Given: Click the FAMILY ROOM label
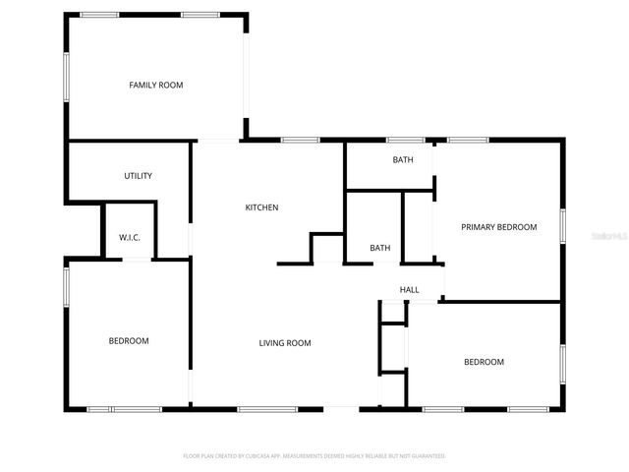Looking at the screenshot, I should click(156, 86).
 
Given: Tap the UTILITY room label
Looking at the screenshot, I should click(138, 176).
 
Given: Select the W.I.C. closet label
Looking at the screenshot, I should click(130, 238).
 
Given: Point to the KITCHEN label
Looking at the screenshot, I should click(262, 207).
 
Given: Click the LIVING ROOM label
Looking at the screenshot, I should click(285, 343).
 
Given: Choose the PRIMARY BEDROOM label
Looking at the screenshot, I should click(499, 227).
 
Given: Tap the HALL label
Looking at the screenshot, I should click(409, 290).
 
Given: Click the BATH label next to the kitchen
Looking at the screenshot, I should click(380, 248).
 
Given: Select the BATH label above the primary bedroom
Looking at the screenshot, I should click(403, 159).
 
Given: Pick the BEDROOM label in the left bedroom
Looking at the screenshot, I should click(129, 341).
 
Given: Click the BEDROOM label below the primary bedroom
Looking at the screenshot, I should click(484, 362).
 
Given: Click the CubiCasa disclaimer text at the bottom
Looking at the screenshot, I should click(314, 456).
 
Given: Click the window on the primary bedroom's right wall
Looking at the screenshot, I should click(563, 224).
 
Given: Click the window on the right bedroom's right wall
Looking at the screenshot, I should click(563, 364).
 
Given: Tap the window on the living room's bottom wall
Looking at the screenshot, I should click(267, 408).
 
